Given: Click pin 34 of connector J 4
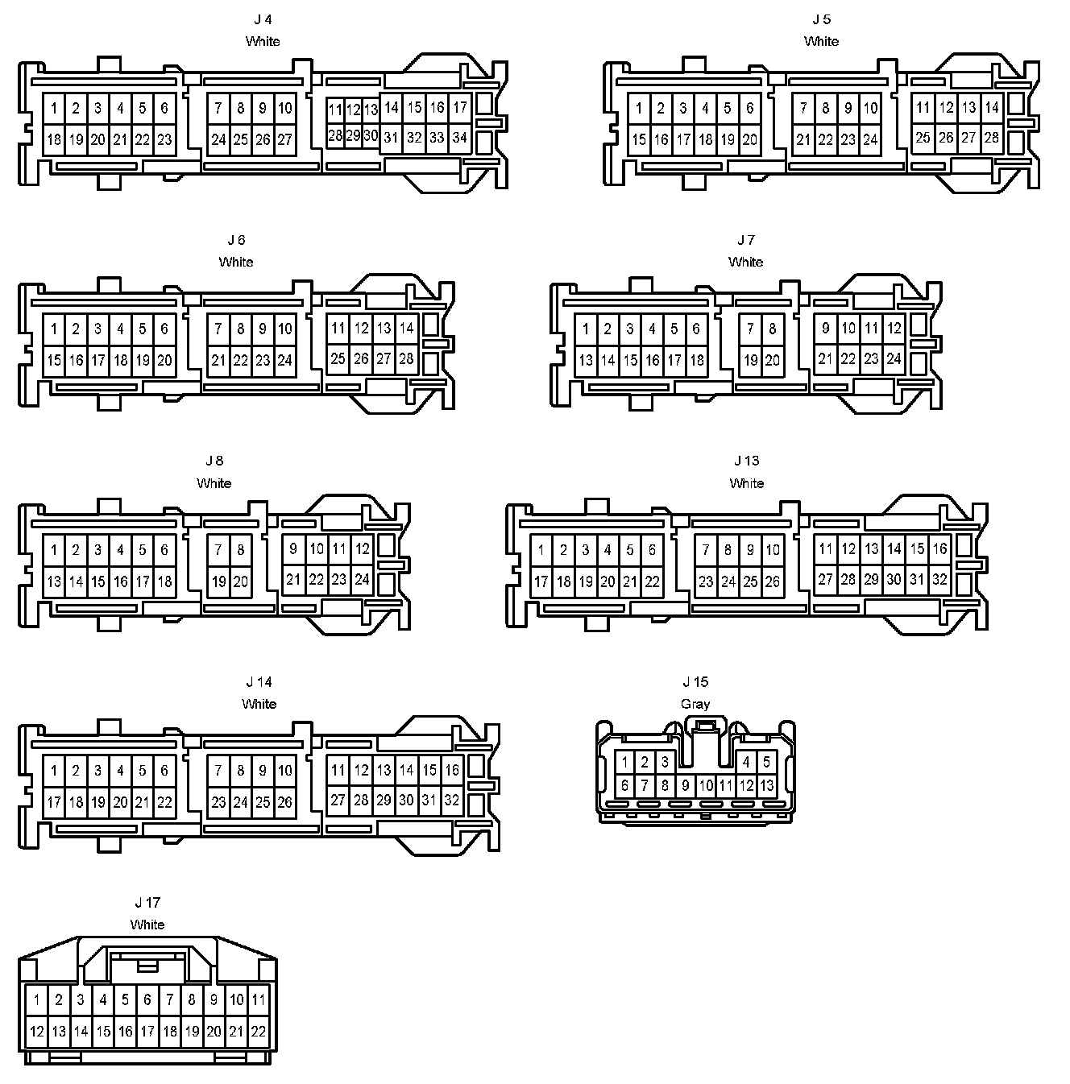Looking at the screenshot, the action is tap(459, 138).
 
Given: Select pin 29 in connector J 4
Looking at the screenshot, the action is tap(353, 136).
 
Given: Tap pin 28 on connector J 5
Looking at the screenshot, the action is tap(991, 138).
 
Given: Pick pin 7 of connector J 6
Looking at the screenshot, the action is tap(218, 329).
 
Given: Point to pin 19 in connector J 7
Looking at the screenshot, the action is tap(751, 360).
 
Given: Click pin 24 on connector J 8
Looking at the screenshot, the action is tap(362, 579).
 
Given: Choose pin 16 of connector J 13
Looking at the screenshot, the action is tap(939, 549).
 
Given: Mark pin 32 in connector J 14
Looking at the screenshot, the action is tap(451, 800).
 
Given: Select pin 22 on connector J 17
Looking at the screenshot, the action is tap(258, 1031).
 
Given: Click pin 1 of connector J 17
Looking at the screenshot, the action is tap(36, 1000).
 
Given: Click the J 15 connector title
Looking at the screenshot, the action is tap(695, 682).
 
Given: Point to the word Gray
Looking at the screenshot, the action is tap(695, 704).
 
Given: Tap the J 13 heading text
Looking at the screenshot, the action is tap(746, 461).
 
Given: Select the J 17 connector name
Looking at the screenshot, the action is tap(147, 903).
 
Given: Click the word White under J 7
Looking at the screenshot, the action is tap(745, 262).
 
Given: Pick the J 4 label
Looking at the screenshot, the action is tap(263, 19).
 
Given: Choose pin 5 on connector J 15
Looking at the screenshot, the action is tap(766, 762).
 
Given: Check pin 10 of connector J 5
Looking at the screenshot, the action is tap(870, 108).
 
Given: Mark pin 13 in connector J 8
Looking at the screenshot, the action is tap(54, 581).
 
